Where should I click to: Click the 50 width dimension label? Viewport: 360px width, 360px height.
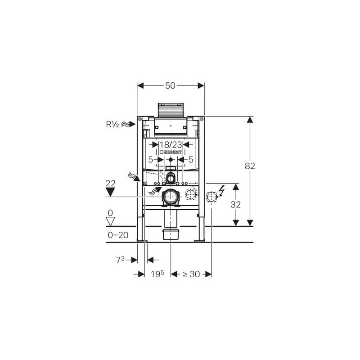click(x=170, y=85)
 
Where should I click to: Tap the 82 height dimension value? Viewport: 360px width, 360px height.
click(x=250, y=166)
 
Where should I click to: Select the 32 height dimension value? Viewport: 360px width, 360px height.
click(x=235, y=204)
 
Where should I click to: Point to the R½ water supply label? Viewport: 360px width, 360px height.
click(x=112, y=124)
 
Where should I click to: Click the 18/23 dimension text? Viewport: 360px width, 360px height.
click(x=171, y=144)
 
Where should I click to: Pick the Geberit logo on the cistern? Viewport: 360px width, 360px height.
click(x=171, y=152)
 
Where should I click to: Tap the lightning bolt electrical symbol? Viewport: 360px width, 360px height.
click(x=221, y=190)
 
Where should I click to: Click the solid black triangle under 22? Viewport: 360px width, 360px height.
click(x=110, y=192)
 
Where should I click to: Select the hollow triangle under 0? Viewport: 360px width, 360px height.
click(x=110, y=221)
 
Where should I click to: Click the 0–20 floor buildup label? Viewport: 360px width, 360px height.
click(x=118, y=235)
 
